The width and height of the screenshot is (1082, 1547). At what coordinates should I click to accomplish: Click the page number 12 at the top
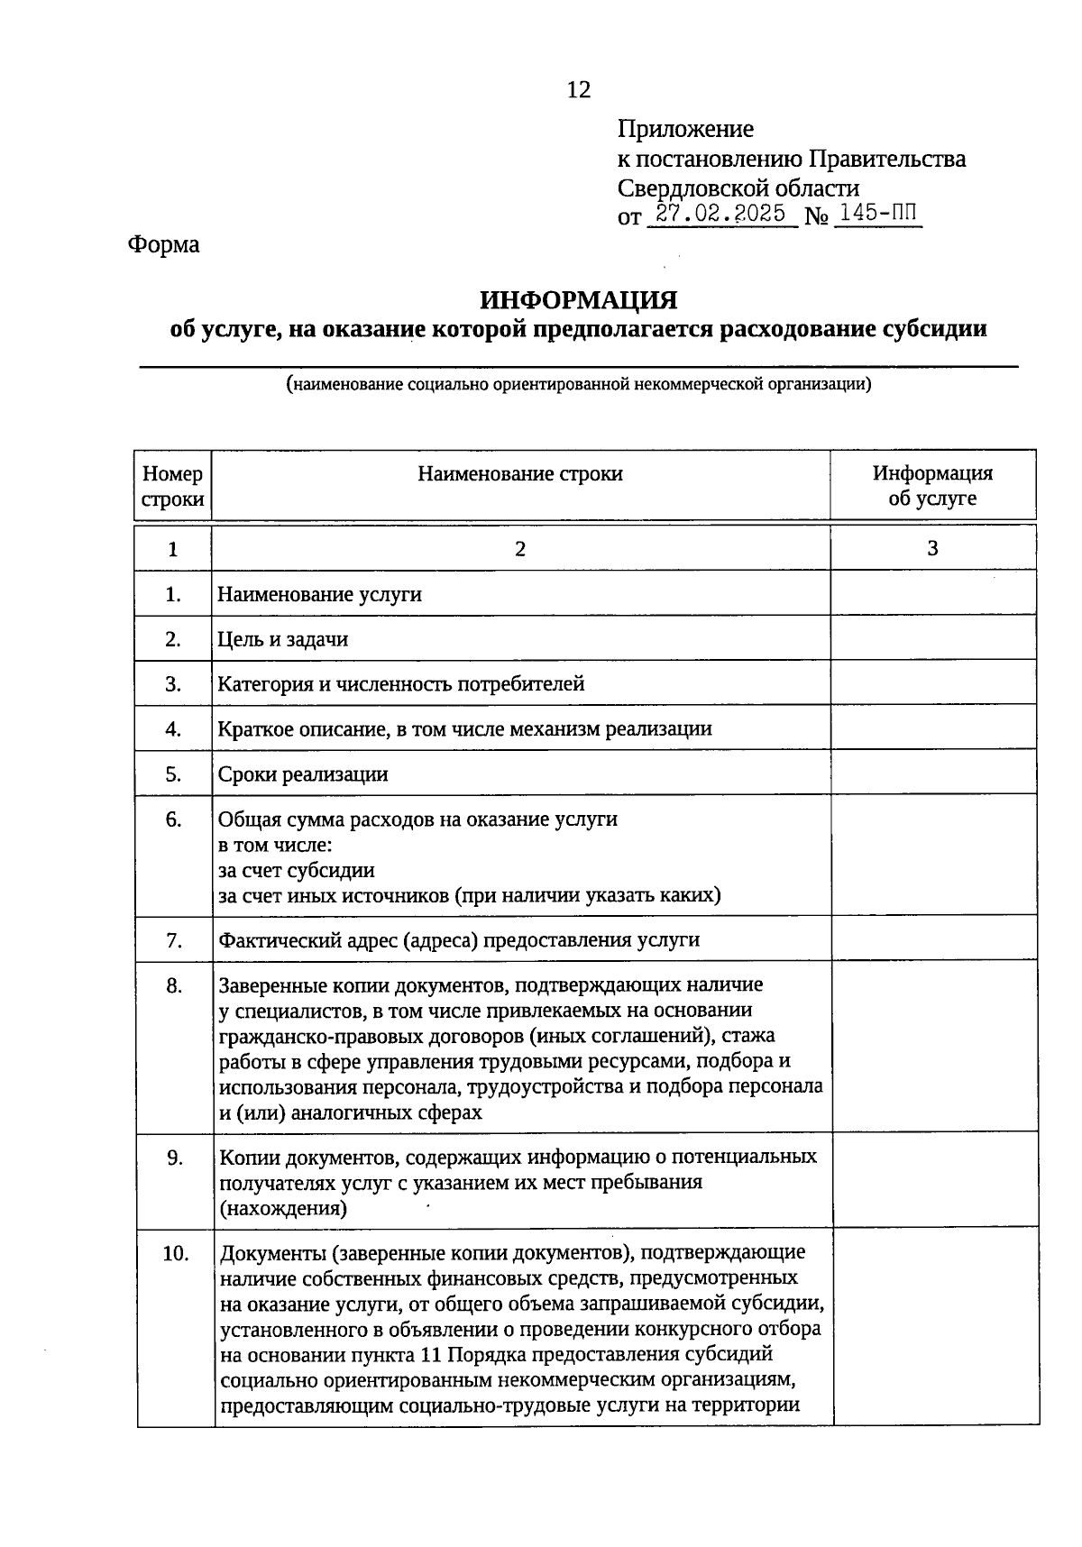(x=578, y=89)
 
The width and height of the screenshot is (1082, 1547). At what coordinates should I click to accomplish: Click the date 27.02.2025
(x=721, y=215)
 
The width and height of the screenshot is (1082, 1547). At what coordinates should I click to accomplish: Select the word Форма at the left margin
(x=163, y=244)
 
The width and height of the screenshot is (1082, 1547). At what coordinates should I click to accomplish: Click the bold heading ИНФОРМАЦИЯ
(x=578, y=299)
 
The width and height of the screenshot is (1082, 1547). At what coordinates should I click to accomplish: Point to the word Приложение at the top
(x=685, y=129)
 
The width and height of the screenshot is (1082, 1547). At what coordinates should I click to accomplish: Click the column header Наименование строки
(x=519, y=474)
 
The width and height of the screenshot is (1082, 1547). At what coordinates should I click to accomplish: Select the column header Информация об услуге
(x=932, y=486)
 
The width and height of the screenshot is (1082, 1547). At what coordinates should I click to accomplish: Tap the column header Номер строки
(x=172, y=486)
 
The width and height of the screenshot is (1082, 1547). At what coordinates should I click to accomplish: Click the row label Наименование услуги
(x=320, y=595)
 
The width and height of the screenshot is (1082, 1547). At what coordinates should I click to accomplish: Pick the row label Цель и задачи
(x=283, y=640)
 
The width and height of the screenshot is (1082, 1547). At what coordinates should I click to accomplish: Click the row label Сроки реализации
(x=303, y=774)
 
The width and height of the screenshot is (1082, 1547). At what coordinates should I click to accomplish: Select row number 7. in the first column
(x=174, y=940)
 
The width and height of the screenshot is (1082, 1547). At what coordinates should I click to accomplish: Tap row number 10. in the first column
(x=175, y=1253)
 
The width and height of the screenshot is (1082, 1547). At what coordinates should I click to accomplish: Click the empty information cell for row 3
(x=932, y=683)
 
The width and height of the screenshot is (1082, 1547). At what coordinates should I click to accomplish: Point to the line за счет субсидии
(x=297, y=871)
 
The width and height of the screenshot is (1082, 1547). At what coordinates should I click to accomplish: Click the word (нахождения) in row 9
(x=283, y=1208)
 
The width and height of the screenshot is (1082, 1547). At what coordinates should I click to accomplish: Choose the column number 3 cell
(x=932, y=548)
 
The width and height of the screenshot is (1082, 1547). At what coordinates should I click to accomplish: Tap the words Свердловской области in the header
(x=738, y=188)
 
